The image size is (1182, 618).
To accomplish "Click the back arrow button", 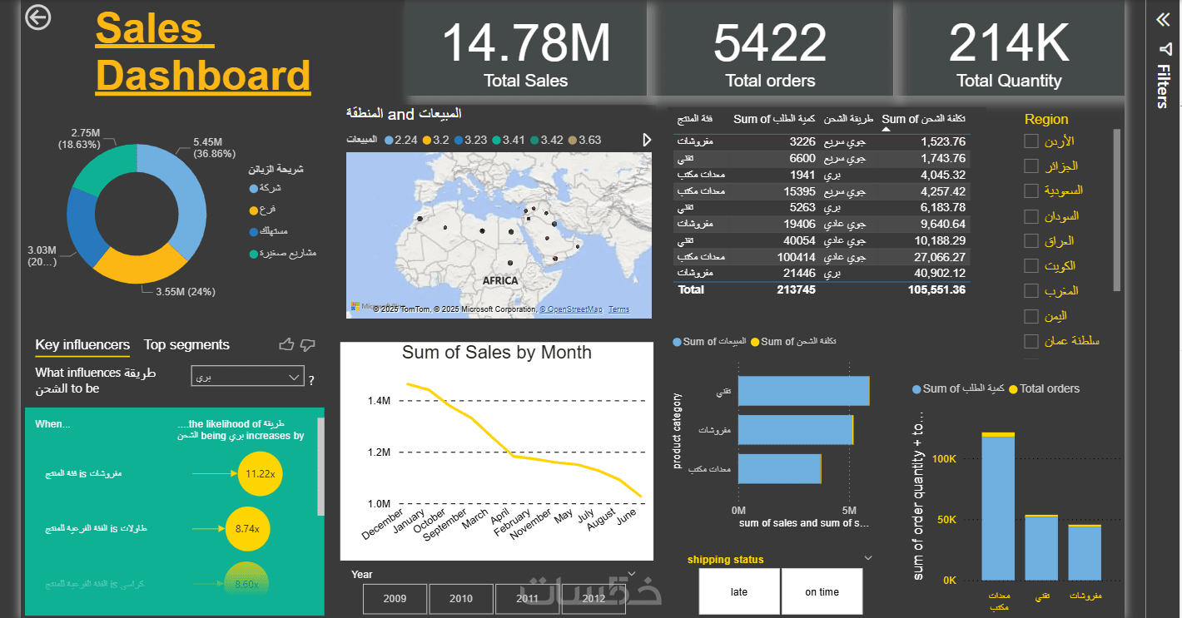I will [37, 17].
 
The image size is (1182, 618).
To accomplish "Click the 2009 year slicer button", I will [395, 599].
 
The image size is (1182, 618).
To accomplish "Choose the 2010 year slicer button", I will [461, 599].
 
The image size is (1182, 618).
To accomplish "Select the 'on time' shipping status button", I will [822, 592].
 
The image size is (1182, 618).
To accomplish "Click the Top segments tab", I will [186, 345].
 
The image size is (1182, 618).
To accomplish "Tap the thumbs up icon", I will [286, 344].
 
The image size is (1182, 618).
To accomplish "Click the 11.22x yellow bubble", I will [261, 474].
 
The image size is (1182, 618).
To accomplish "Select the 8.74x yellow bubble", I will [247, 529].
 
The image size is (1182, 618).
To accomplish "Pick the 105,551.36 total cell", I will [936, 289].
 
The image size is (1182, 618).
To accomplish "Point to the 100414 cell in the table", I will [797, 257].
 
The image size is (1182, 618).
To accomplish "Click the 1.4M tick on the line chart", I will [379, 401].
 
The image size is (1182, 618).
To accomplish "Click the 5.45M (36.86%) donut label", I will [214, 148].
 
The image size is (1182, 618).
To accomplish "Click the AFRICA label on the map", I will [499, 280].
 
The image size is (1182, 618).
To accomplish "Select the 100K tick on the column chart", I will [944, 458].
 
